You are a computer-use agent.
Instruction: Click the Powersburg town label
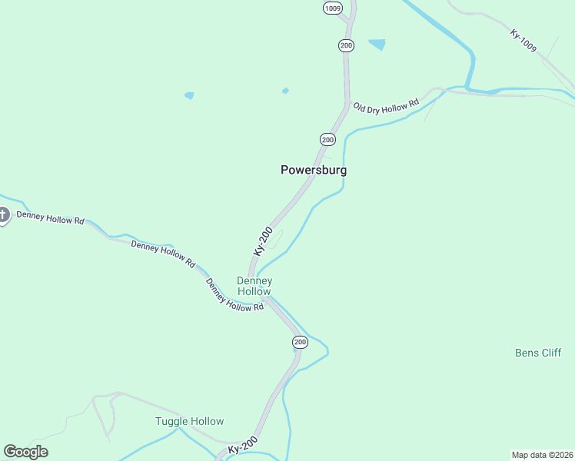314,170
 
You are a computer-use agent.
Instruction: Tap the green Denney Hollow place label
254,286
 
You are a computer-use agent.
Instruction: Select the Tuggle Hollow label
189,421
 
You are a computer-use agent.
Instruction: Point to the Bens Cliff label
538,353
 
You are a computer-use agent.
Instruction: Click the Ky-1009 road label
523,41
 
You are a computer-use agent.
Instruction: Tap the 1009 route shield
332,8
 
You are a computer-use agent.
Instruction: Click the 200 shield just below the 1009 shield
346,45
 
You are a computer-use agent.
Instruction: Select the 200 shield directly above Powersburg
327,139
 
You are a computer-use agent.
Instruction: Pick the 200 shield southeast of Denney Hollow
300,341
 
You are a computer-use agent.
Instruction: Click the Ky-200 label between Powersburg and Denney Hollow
263,241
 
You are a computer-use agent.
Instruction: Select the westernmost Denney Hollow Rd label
50,220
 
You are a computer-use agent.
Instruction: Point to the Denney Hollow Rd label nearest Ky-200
234,295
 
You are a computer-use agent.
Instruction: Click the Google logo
25,452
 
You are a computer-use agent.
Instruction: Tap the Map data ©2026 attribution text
542,454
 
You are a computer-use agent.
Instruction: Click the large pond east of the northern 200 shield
377,44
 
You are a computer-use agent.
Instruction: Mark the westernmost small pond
189,95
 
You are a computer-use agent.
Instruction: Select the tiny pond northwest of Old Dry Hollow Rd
285,91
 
